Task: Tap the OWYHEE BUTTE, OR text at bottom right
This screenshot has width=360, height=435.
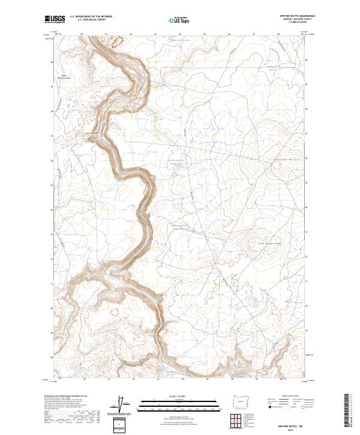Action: [292, 423]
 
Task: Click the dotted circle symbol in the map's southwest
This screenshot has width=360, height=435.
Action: [115, 311]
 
